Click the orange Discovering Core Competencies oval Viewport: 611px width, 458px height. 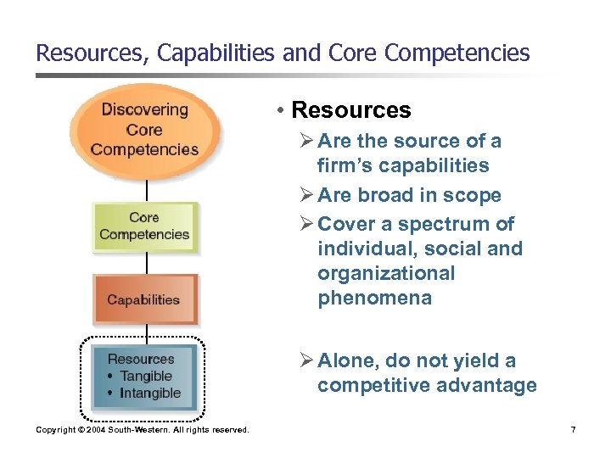click(144, 130)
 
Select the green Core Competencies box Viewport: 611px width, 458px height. click(144, 226)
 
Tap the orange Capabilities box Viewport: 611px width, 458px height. click(143, 299)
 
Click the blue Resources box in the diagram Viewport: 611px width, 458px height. click(143, 376)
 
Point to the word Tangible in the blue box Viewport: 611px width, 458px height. click(146, 376)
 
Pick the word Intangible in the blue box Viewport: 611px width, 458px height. click(150, 393)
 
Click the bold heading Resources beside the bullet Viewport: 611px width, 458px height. click(350, 110)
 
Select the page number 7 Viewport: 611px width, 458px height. click(574, 430)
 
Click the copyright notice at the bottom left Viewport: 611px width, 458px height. click(143, 430)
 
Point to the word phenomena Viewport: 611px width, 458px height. click(374, 299)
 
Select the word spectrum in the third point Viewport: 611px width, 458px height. click(441, 225)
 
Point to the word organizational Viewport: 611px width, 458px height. click(386, 274)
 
